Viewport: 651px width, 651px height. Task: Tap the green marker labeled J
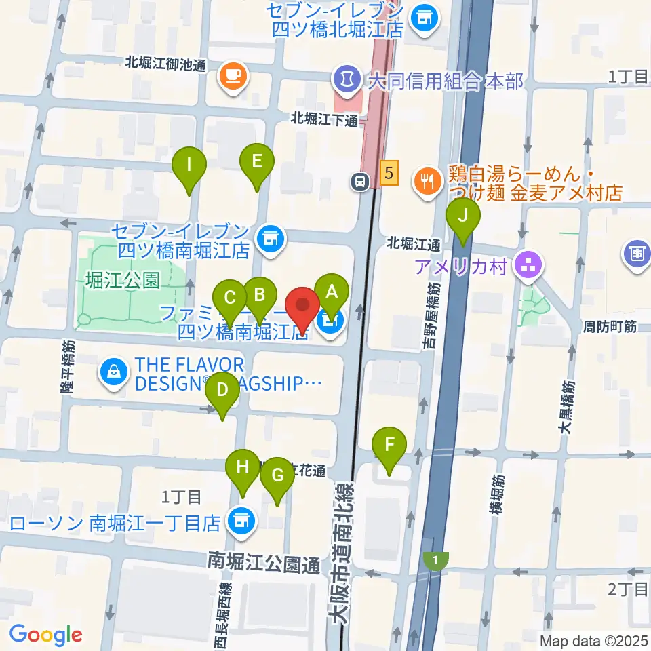(463, 216)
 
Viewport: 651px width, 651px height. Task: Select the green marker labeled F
(389, 446)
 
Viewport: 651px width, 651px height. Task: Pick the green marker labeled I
(189, 164)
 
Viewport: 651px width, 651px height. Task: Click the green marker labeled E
(256, 161)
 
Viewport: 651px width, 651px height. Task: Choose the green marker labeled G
(277, 475)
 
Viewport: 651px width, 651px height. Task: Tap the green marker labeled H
(243, 467)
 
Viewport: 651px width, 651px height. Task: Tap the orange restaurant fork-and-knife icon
(427, 180)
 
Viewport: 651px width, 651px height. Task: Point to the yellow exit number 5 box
(387, 173)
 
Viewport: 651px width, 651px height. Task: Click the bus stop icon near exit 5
(360, 180)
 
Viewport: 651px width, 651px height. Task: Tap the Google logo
(45, 634)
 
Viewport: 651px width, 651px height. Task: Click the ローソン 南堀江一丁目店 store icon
(241, 520)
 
